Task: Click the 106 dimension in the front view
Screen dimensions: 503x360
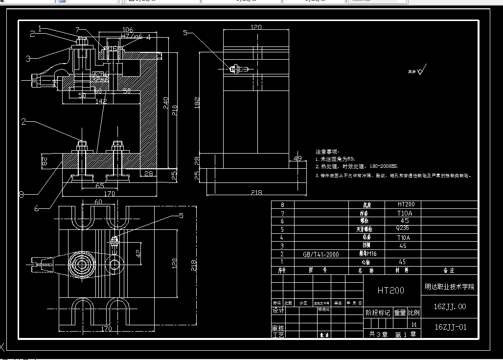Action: [x=127, y=30]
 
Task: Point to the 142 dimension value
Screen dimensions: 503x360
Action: [x=101, y=101]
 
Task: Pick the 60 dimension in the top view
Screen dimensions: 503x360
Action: [x=98, y=202]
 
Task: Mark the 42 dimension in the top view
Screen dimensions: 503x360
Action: [x=138, y=253]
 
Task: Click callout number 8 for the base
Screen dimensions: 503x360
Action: [x=21, y=194]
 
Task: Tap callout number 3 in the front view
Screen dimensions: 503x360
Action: [x=28, y=59]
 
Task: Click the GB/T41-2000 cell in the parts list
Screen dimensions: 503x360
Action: [x=320, y=254]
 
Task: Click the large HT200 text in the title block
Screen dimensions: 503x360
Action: [x=390, y=291]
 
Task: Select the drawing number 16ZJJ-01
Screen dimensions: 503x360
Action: [x=450, y=327]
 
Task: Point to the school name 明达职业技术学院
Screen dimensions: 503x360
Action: [x=449, y=287]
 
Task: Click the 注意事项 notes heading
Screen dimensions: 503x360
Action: [x=327, y=152]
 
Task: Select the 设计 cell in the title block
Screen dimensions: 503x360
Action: [x=278, y=311]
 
